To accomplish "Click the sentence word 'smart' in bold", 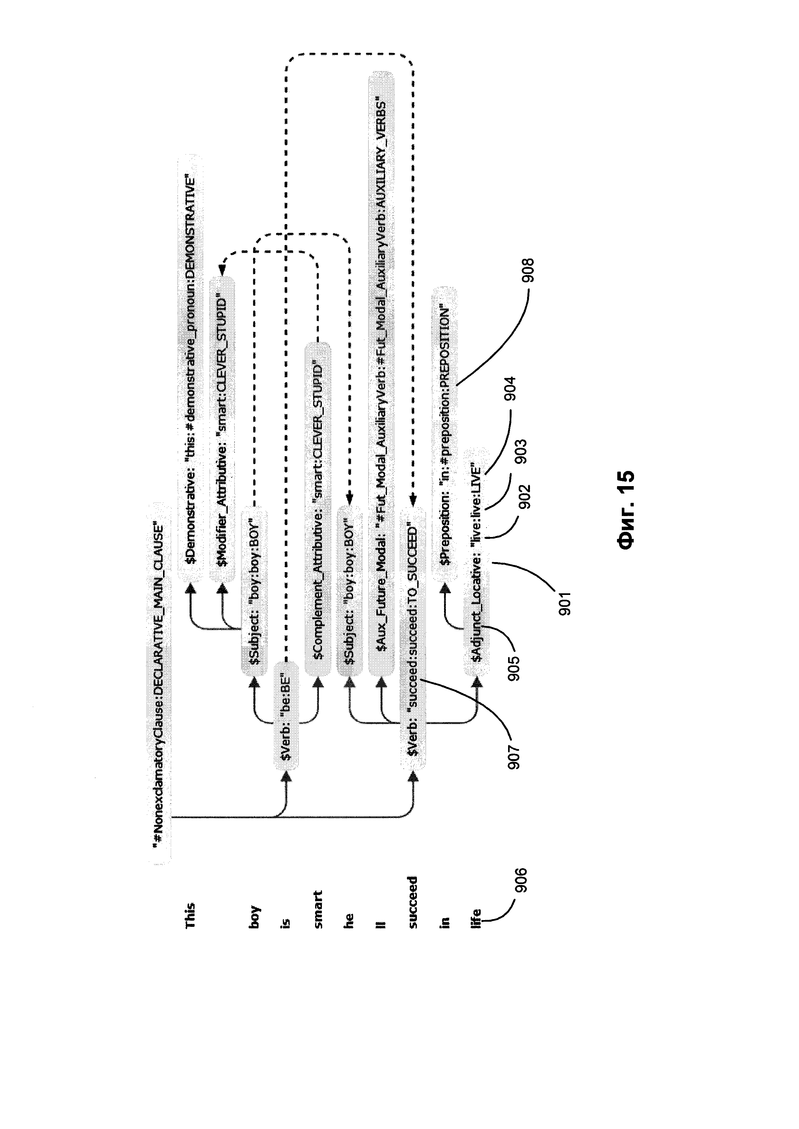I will tap(318, 909).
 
